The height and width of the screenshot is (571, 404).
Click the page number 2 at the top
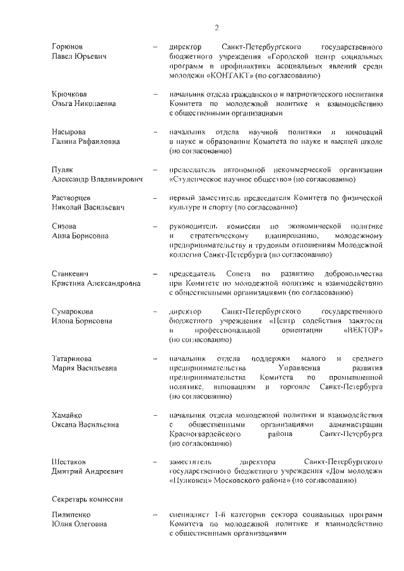click(x=217, y=27)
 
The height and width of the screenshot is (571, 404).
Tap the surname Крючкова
click(x=69, y=94)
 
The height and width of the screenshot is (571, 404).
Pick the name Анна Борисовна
click(x=80, y=235)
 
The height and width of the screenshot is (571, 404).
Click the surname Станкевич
click(x=71, y=274)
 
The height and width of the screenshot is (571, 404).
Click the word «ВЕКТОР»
click(x=363, y=330)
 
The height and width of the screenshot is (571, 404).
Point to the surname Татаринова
click(x=73, y=359)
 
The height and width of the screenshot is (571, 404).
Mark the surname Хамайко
click(x=69, y=416)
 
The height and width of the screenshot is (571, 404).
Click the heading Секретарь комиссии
click(x=87, y=499)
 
